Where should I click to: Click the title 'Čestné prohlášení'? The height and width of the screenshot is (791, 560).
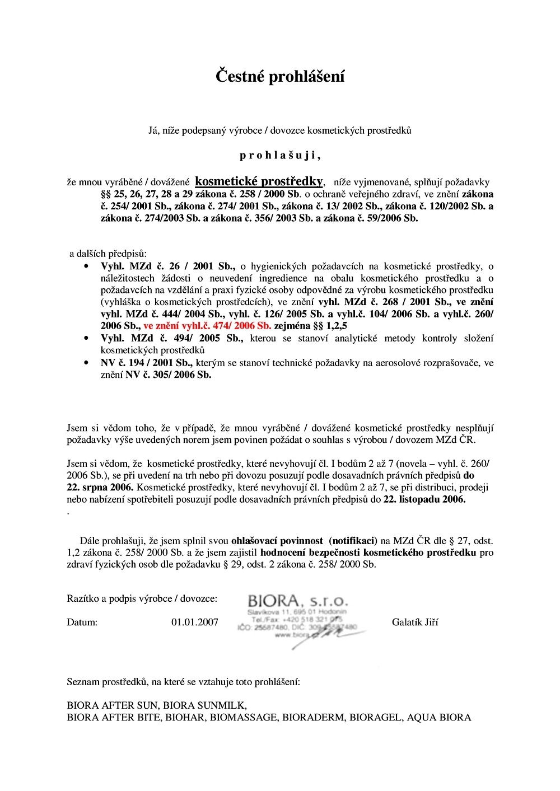click(280, 76)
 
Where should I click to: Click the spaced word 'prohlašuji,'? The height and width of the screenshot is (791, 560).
click(280, 155)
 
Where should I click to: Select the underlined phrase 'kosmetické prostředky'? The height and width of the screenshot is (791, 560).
click(259, 181)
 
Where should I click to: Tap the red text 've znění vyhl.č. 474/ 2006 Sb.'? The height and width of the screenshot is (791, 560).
click(207, 326)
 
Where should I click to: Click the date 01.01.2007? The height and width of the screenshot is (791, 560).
click(195, 622)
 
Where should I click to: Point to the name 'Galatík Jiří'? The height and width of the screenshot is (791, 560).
click(415, 622)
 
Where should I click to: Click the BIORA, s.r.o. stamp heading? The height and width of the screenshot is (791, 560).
click(298, 602)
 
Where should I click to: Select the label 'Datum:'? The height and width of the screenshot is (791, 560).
click(82, 622)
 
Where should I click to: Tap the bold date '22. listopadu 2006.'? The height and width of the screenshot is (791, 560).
click(424, 499)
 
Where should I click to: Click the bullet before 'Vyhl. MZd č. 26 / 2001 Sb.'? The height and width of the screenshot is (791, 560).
click(86, 266)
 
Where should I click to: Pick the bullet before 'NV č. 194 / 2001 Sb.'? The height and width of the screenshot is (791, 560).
click(86, 363)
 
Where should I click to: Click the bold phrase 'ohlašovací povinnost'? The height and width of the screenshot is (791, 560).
click(277, 541)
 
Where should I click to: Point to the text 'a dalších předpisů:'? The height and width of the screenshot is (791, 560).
click(108, 254)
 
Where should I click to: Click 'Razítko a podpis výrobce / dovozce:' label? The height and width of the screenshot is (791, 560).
click(142, 598)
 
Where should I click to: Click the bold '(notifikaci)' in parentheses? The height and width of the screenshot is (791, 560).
click(353, 541)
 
